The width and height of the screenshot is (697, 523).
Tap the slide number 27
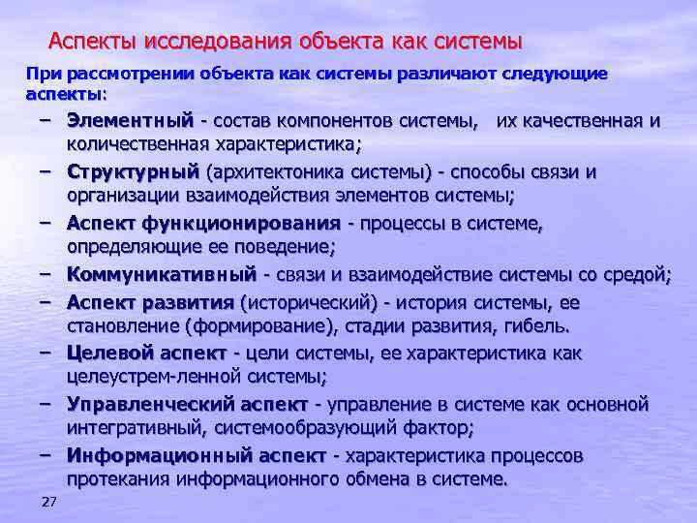click(49, 501)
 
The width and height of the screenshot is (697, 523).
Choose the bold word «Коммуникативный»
click(162, 275)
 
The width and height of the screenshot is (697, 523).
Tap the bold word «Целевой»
click(108, 352)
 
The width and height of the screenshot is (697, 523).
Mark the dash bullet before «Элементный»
click(46, 120)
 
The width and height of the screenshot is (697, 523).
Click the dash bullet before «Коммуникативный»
click(46, 274)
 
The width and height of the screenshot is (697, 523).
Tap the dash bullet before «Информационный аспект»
click(46, 454)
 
